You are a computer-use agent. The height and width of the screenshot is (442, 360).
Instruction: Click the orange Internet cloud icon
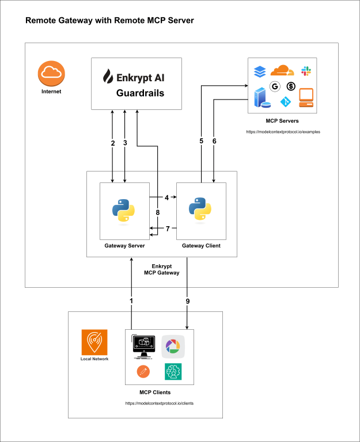coord(51,73)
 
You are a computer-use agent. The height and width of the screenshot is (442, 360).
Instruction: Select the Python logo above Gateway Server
coord(124,210)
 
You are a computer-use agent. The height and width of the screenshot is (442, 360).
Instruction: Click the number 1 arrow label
coord(131,301)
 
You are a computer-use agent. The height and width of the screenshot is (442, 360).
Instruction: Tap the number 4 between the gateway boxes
coord(166,197)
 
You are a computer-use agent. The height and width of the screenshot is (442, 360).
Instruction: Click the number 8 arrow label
coord(158,213)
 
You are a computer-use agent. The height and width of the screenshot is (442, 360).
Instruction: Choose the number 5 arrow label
coord(202,142)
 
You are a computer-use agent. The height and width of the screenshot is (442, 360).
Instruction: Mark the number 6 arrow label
coord(214,142)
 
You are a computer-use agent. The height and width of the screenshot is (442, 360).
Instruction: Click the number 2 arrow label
coord(113,143)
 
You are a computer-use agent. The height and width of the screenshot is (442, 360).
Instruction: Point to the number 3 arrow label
coord(125,143)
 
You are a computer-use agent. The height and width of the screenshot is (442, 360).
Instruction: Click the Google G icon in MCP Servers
coord(275,86)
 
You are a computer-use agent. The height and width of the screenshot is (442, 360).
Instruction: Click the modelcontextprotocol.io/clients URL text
coord(159,403)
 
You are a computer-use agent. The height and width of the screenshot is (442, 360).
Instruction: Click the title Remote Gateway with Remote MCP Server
coord(109,21)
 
